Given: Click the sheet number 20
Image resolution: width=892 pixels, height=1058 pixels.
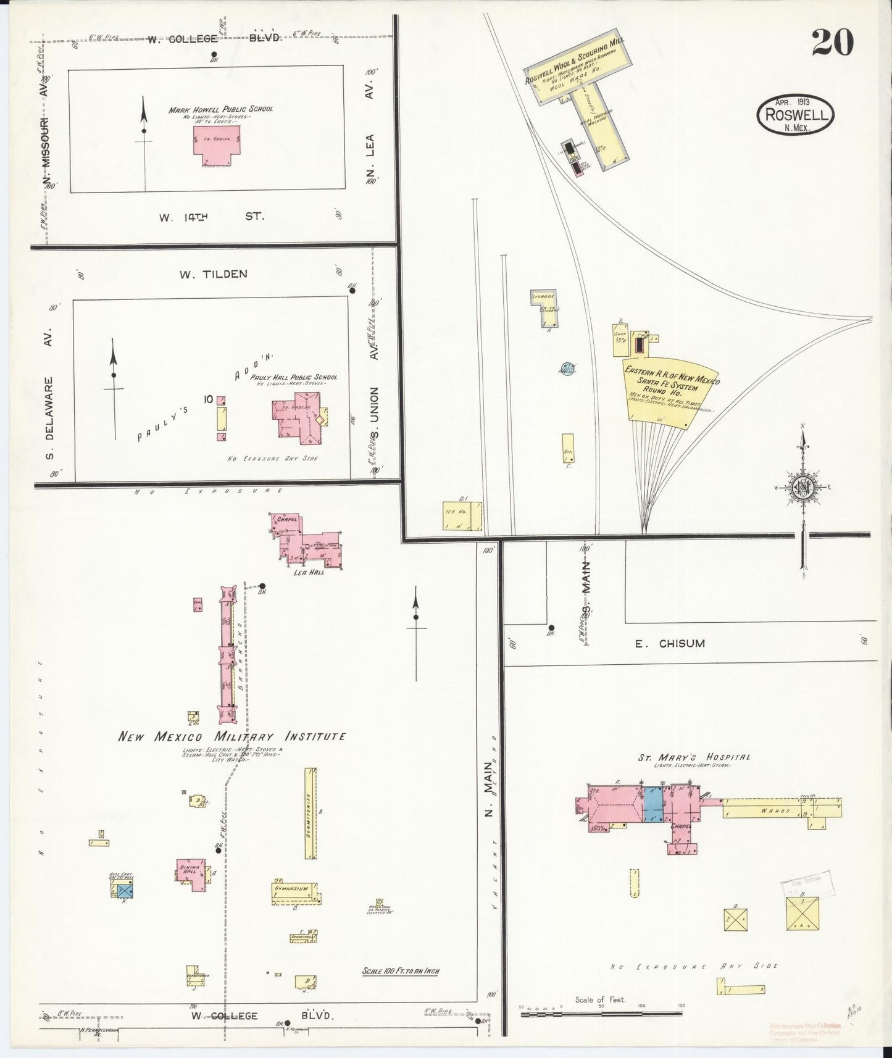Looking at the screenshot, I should click(x=833, y=43).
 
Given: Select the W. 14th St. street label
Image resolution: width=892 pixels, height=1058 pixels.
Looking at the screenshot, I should click(x=210, y=217).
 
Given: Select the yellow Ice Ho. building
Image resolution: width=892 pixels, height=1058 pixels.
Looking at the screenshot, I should click(x=462, y=515).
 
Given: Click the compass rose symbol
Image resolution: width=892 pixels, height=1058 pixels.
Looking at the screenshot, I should click(x=802, y=486).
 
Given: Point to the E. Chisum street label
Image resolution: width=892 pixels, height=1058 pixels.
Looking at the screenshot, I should click(x=670, y=643).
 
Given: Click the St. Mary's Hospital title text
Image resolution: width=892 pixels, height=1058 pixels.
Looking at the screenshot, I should click(x=694, y=757).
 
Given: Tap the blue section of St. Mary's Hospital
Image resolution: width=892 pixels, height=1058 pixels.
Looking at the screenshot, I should click(x=652, y=803).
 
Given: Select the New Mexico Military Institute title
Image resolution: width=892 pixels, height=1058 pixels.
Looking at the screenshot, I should click(x=232, y=736).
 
